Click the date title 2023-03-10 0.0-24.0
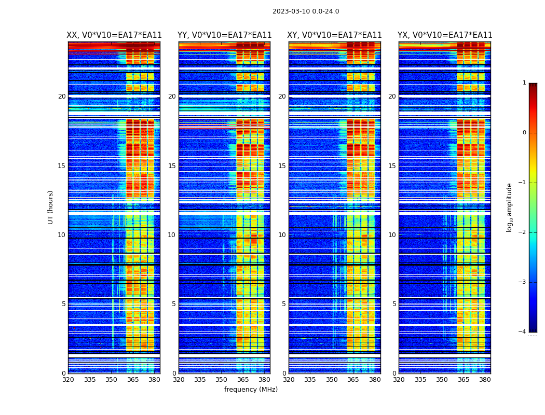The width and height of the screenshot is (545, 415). tap(306, 11)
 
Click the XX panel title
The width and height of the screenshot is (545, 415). tap(114, 35)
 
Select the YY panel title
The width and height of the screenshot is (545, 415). tap(224, 35)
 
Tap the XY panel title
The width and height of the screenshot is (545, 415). tap(334, 35)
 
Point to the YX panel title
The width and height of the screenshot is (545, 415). tap(445, 35)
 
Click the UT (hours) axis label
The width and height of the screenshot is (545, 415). tap(51, 207)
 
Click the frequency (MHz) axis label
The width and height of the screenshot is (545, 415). tap(251, 390)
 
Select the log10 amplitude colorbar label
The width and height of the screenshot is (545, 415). tap(510, 207)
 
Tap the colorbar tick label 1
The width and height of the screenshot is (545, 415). tap(524, 83)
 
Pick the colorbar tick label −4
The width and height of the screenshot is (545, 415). tap(523, 332)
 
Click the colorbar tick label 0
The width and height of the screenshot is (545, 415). tap(524, 133)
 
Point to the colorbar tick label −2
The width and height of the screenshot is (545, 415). tap(523, 232)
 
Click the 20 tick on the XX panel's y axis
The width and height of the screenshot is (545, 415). tap(62, 96)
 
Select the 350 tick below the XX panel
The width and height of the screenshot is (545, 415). tap(111, 380)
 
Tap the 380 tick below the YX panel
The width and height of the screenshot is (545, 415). tap(485, 380)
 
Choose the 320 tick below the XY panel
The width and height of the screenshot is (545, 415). tap(289, 380)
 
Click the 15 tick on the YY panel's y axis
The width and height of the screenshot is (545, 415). tap(172, 166)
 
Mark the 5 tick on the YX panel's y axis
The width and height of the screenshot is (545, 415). tap(394, 304)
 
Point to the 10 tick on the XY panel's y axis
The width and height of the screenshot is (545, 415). tap(282, 235)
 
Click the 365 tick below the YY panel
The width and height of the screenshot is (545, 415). tap(243, 380)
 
